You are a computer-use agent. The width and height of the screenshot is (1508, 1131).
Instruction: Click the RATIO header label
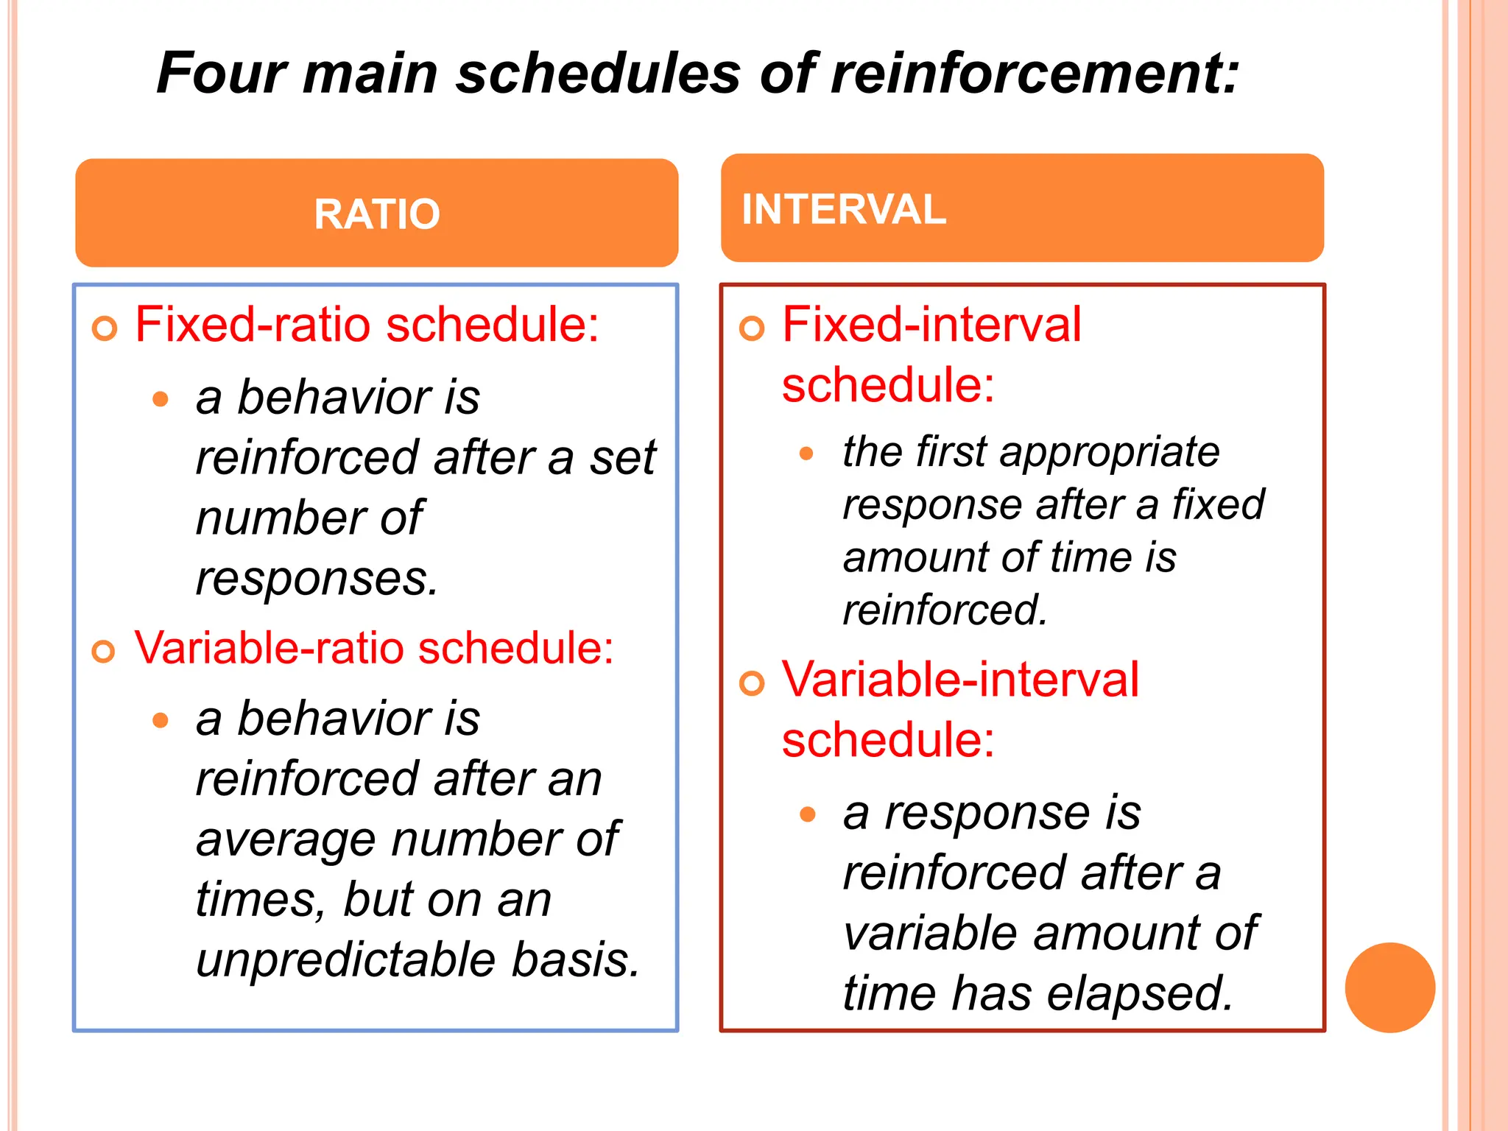(377, 214)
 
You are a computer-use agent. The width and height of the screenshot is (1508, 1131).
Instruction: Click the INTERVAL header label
(843, 209)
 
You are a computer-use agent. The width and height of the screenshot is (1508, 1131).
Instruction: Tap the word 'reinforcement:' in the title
(1035, 73)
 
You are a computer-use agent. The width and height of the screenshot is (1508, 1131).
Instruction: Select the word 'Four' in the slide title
(222, 73)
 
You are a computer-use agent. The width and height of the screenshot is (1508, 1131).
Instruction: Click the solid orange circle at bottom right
(1389, 987)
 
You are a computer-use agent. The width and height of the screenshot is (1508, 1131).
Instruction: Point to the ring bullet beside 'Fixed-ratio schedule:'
(105, 328)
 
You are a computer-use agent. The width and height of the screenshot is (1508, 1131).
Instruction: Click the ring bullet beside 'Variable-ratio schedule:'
(104, 651)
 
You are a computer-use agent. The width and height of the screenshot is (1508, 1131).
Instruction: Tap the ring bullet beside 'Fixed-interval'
(752, 328)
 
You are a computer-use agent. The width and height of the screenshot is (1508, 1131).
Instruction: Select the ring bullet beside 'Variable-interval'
(752, 683)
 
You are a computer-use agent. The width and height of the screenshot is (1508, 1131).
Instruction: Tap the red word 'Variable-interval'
(960, 679)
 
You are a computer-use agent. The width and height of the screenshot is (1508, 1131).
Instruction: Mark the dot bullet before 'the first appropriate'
(807, 454)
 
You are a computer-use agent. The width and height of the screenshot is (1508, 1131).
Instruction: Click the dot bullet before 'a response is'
(808, 814)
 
